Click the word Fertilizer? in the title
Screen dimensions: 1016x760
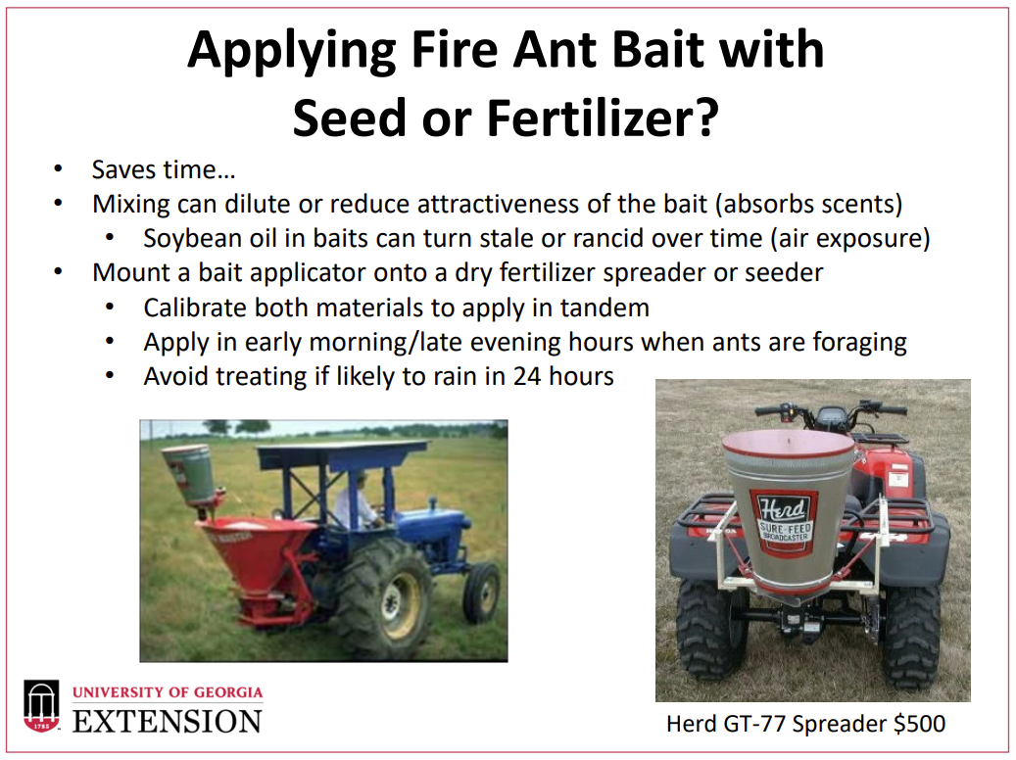603,119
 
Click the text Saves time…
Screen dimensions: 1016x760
164,169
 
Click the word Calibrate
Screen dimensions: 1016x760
194,308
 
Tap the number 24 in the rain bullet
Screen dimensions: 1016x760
527,376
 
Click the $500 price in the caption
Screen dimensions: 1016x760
919,724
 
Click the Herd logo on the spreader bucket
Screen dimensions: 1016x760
785,522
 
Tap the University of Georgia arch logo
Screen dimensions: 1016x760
41,706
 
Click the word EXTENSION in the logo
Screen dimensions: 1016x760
168,722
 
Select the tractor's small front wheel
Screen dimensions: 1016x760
481,593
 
